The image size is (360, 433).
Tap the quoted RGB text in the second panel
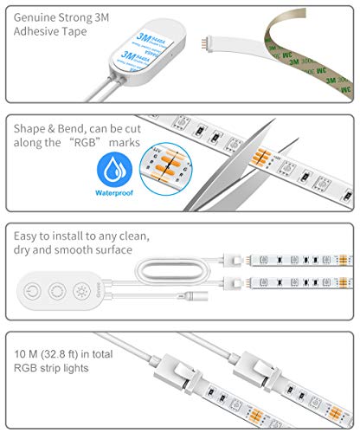click(x=88, y=142)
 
